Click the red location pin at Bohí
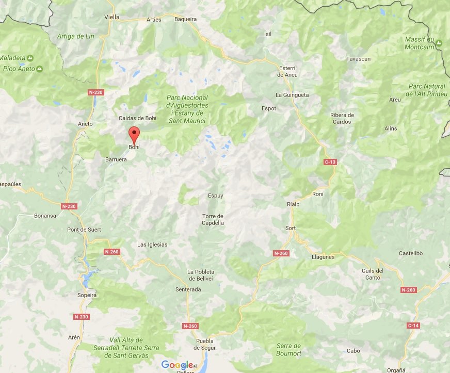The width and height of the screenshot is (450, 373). click(134, 135)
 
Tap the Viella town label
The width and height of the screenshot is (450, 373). click(111, 17)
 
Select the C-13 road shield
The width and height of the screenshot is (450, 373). click(330, 162)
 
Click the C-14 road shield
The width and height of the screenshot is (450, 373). click(413, 326)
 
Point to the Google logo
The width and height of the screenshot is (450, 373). click(177, 365)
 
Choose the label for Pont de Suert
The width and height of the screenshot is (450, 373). click(84, 229)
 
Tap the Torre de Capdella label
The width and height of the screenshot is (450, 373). click(213, 219)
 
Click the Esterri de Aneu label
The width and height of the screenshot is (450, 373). click(287, 71)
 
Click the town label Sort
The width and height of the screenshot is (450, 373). click(291, 228)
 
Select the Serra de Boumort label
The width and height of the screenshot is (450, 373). click(289, 349)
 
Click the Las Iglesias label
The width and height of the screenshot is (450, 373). click(152, 245)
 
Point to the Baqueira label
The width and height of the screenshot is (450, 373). click(186, 19)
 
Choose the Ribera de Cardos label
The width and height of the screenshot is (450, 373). click(342, 118)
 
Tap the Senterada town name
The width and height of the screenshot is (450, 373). click(188, 289)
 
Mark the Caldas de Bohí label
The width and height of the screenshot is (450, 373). click(137, 118)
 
